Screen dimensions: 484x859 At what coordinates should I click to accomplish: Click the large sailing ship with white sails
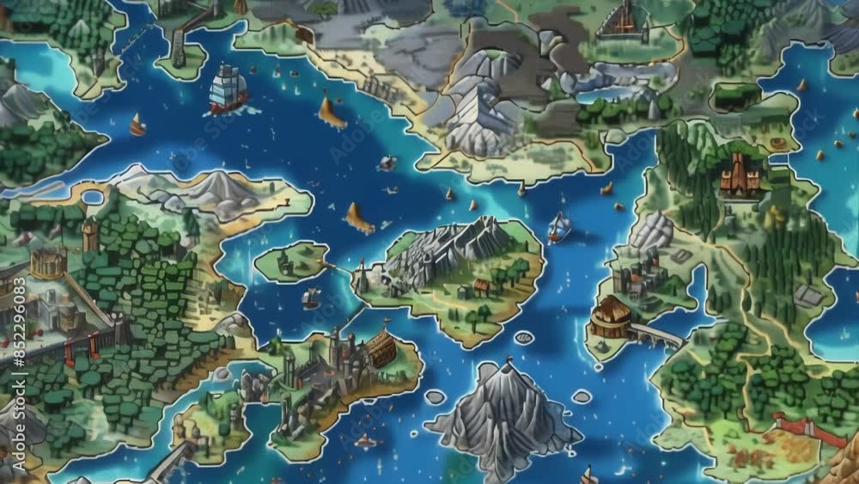228,89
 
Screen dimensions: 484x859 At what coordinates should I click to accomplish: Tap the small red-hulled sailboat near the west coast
137,126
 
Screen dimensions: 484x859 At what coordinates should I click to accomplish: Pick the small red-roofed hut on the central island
482,286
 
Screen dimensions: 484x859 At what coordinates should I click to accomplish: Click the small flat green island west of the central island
291,260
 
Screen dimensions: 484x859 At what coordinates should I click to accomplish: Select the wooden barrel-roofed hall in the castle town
381,348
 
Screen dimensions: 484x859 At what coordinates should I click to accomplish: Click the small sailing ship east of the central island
559,227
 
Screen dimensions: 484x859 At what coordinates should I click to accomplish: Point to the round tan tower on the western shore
48,262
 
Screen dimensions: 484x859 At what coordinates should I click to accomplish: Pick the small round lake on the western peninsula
92,198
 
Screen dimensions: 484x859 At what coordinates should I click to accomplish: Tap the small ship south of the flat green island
311,298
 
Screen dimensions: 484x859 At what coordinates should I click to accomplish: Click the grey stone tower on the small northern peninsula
179,48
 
